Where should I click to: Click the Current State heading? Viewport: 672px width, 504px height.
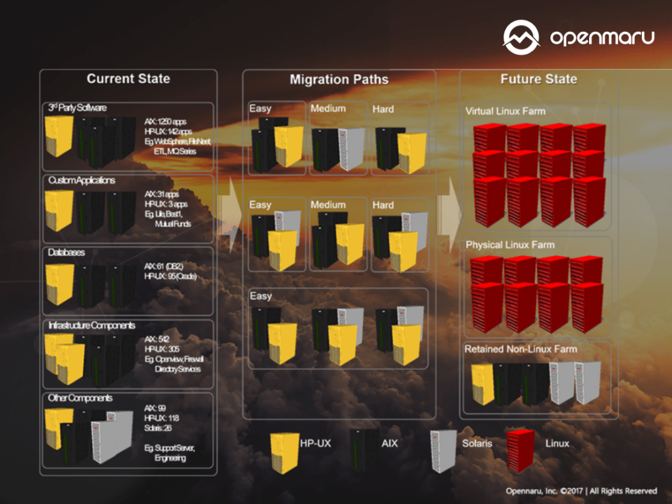click(x=128, y=79)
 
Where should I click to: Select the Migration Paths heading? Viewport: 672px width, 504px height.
click(x=339, y=80)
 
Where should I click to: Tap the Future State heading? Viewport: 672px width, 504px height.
click(x=538, y=79)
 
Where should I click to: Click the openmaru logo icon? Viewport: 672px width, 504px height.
click(x=521, y=37)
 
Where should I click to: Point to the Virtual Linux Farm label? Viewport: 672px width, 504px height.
click(x=505, y=111)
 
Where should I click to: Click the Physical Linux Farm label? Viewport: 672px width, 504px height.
click(x=510, y=245)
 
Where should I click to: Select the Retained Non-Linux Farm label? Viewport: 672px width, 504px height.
click(x=521, y=349)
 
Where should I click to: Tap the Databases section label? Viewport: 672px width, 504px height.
click(x=66, y=252)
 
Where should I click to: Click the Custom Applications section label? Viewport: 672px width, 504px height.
click(x=81, y=180)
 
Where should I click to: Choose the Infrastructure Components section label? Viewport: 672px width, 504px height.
click(x=91, y=325)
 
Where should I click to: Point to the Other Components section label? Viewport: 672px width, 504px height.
click(x=80, y=398)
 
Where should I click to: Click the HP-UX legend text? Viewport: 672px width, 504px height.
click(x=315, y=443)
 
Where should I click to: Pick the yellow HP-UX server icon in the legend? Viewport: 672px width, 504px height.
click(x=284, y=451)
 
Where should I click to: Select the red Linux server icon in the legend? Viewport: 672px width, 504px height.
click(x=520, y=450)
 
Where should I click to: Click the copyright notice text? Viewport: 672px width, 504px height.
click(x=581, y=491)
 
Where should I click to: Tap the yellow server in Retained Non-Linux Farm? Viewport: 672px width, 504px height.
click(x=482, y=383)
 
